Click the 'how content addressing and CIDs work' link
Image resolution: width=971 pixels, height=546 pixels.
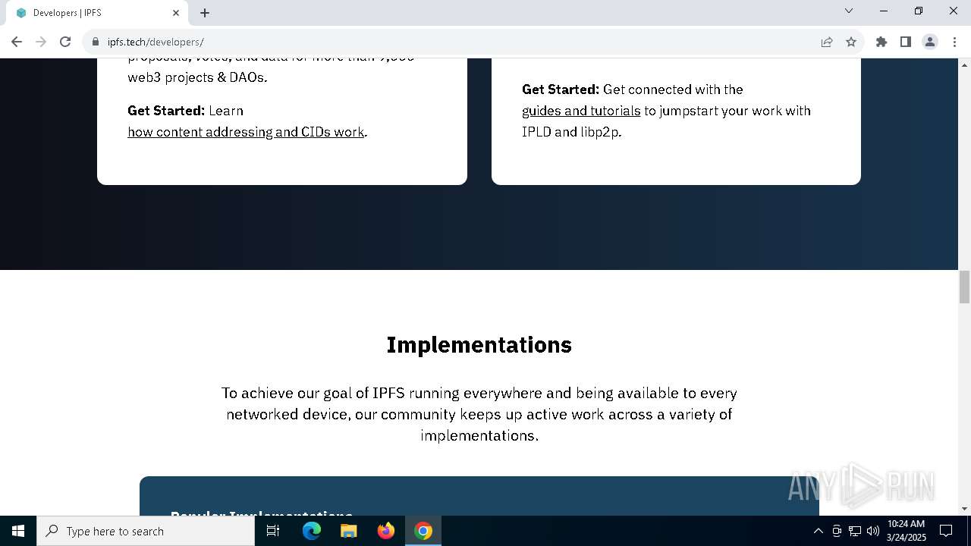(246, 132)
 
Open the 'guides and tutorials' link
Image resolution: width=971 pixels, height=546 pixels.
(581, 111)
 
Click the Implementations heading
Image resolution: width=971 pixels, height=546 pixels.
(479, 345)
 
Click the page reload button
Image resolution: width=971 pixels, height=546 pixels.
(65, 42)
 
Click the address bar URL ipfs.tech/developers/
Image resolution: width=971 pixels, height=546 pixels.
(156, 42)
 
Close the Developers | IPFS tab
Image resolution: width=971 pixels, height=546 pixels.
(176, 13)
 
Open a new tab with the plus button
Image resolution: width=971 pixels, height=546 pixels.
(205, 13)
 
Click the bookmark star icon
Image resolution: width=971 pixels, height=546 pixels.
(851, 42)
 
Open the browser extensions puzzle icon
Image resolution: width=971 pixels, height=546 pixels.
(881, 42)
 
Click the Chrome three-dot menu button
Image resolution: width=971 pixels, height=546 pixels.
(954, 42)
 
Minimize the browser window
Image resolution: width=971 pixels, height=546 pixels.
(884, 11)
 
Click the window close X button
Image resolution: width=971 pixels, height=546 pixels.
(954, 11)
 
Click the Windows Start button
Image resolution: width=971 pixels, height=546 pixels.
(18, 531)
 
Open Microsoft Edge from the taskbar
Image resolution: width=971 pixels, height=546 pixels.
(312, 531)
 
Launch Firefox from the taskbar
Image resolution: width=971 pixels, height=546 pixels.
(386, 531)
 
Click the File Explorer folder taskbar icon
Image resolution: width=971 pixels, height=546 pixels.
(349, 531)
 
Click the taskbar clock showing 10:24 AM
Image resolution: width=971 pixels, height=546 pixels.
(907, 531)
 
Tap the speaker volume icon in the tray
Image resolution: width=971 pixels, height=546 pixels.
(872, 531)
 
